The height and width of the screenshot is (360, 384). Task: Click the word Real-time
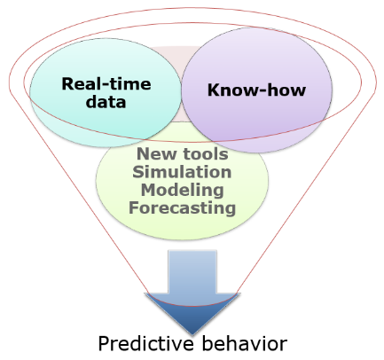pos(106,83)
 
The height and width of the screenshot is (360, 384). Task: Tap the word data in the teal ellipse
pos(106,102)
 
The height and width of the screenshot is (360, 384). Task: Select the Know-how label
pos(256,90)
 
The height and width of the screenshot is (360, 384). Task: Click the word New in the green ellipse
pos(158,153)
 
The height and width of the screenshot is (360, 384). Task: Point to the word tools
pos(206,153)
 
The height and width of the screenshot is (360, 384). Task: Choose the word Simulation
pos(182,172)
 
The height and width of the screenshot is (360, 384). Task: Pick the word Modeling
pos(182,190)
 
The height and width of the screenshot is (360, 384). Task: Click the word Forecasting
pos(182,207)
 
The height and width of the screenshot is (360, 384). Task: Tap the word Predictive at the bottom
pos(146,343)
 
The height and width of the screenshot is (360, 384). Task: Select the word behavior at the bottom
pos(245,343)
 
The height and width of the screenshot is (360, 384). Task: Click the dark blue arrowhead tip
pos(192,334)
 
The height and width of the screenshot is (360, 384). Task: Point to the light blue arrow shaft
pos(192,272)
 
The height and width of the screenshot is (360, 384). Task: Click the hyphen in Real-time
pos(108,85)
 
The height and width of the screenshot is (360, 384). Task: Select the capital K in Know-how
pos(215,90)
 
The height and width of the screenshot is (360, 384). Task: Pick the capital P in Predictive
pos(104,343)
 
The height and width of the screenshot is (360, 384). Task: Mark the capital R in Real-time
pos(68,83)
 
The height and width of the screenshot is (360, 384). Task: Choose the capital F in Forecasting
pos(134,207)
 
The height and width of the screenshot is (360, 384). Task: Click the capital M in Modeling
pos(149,190)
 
